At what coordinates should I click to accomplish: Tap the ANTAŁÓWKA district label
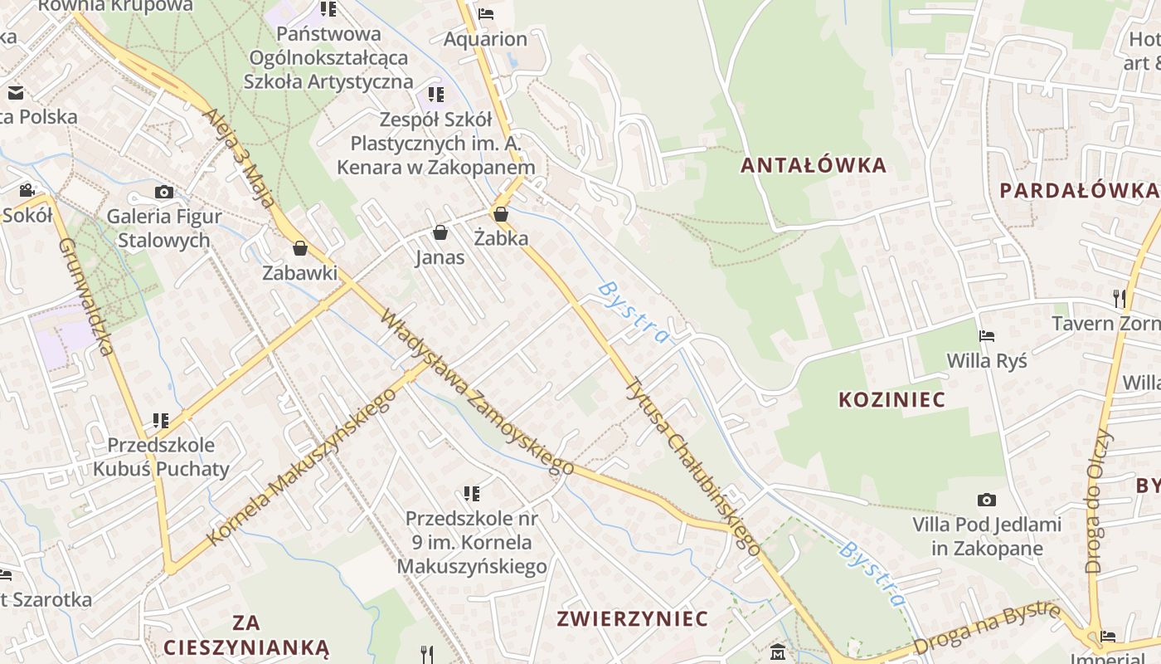click(814, 165)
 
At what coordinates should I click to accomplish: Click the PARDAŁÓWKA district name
click(1079, 191)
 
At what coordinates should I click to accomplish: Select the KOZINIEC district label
click(891, 399)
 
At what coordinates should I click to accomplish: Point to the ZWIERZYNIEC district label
click(633, 618)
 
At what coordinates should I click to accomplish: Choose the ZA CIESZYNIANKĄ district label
click(246, 635)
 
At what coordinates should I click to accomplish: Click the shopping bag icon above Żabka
click(501, 214)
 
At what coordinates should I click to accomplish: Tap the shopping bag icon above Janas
click(440, 232)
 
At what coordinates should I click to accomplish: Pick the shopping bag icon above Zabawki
click(300, 248)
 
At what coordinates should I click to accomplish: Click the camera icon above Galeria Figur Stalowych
click(164, 193)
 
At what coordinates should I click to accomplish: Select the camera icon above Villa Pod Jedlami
click(986, 500)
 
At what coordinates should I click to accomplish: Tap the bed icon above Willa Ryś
click(987, 336)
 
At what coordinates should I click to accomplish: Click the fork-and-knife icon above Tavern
click(1120, 298)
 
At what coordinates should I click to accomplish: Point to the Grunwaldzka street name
click(86, 296)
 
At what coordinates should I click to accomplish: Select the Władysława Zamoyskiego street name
click(477, 392)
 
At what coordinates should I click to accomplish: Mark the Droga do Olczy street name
click(1097, 500)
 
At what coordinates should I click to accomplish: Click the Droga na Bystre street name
click(987, 628)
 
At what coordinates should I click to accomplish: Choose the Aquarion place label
click(485, 39)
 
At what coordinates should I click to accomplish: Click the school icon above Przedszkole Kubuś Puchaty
click(161, 421)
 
